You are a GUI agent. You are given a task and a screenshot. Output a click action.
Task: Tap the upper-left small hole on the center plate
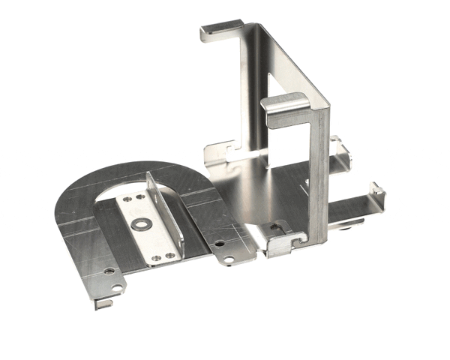125,199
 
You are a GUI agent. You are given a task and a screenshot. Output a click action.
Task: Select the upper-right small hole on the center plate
140,196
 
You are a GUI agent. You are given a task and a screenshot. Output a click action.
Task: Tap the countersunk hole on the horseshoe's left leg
109,270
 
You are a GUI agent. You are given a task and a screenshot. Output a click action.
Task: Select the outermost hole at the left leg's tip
116,288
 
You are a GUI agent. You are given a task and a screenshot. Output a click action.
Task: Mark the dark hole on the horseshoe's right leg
219,244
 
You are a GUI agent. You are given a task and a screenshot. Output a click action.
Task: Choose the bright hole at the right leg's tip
228,259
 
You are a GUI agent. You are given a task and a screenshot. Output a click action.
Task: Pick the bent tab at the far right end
377,196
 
